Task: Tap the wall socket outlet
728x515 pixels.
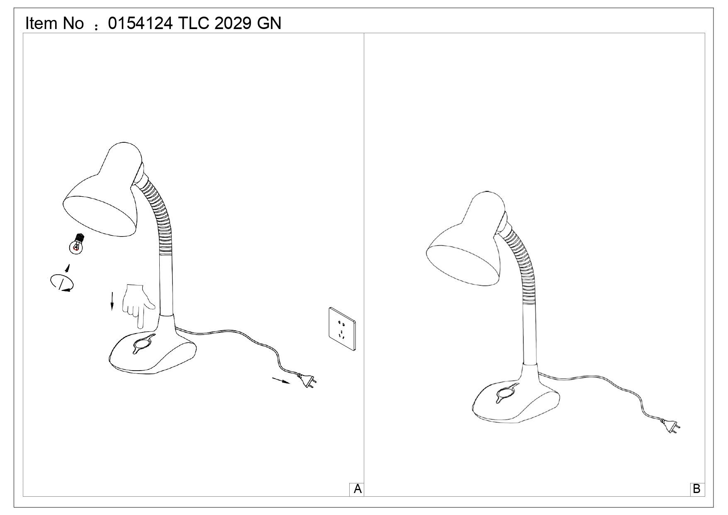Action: pos(342,329)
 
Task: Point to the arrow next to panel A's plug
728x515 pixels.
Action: pos(281,381)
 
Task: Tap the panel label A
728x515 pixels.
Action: pos(358,489)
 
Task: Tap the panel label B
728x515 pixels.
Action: pos(696,489)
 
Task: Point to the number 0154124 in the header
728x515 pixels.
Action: pos(140,23)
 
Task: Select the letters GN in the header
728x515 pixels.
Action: pos(269,23)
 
